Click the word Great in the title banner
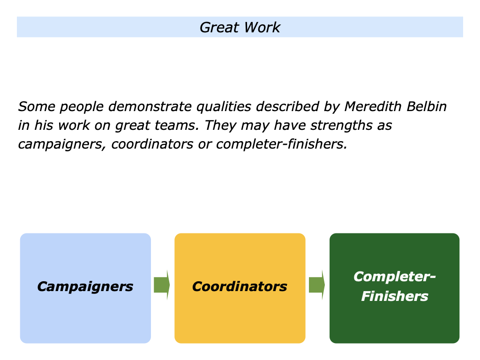point(219,27)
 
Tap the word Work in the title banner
point(262,27)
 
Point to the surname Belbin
point(427,106)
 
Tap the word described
point(288,106)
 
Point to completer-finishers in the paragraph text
point(282,144)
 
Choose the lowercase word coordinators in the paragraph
point(152,144)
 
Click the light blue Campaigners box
point(85,288)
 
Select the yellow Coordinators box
point(240,288)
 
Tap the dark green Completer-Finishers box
point(395,288)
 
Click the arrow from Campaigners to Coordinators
point(162,285)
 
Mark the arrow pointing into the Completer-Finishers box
point(317,285)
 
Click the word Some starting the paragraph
point(37,106)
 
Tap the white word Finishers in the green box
point(395,296)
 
